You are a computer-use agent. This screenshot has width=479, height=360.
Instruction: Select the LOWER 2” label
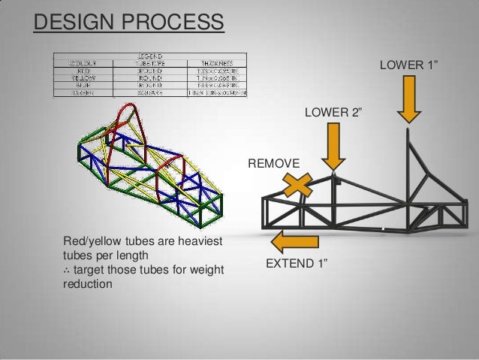333,113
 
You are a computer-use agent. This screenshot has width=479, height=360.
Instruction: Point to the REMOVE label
273,163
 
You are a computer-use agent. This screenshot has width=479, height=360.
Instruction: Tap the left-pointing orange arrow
295,241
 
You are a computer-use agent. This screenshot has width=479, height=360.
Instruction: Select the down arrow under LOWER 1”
409,99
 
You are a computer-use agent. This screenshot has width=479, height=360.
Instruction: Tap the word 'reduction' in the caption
89,284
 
